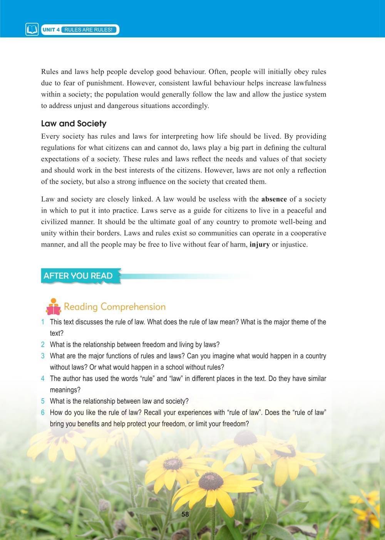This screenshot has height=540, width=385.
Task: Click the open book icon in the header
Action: point(32,30)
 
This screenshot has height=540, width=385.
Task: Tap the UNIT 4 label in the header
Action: point(51,30)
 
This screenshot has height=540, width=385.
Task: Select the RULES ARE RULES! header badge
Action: point(89,30)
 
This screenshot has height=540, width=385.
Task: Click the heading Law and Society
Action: point(74,124)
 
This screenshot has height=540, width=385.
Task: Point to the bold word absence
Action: point(274,199)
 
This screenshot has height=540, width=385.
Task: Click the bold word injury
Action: point(259,245)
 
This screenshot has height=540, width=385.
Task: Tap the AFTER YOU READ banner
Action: point(79,276)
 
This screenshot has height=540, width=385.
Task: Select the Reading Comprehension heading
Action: point(115,307)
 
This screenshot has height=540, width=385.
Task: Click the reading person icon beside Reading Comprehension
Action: point(53,307)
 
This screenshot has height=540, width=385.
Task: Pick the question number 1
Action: point(43,322)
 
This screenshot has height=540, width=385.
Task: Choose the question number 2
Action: point(43,345)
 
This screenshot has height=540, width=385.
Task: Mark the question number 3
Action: point(43,356)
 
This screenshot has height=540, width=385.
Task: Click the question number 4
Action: point(43,379)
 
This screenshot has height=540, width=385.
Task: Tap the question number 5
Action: point(43,401)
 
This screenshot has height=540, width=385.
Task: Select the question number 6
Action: point(43,413)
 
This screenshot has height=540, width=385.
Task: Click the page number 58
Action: point(185,514)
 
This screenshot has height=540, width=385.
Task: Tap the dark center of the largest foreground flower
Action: point(211,481)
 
